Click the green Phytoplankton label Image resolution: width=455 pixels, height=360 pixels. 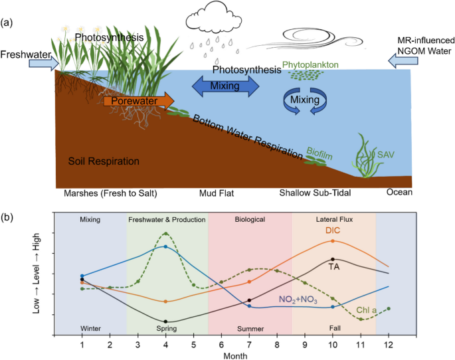(x=310, y=64)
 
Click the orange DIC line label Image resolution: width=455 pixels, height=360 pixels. (x=333, y=232)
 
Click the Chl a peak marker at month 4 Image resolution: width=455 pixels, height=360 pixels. (x=165, y=233)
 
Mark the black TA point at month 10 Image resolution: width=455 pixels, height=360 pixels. (x=332, y=260)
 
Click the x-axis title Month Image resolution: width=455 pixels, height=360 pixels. (x=235, y=355)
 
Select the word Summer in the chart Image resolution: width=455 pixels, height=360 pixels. (x=251, y=329)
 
